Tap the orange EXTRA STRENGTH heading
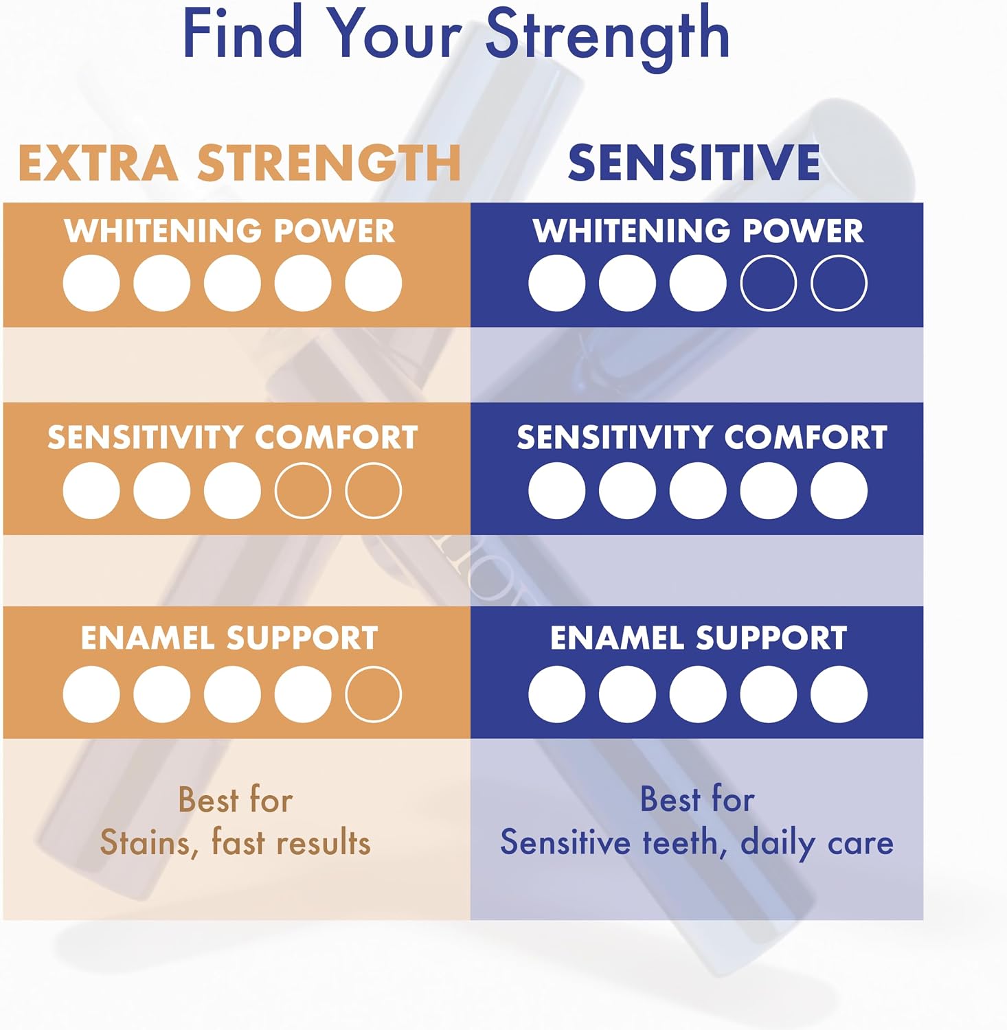tap(239, 163)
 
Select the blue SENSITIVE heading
tap(694, 163)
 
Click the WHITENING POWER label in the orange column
tap(229, 231)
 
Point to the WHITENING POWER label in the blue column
tap(698, 231)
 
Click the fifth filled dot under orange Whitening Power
tap(373, 283)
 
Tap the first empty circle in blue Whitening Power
tap(769, 283)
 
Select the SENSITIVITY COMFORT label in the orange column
tap(233, 437)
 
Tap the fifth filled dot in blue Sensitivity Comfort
tap(839, 490)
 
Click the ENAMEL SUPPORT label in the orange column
tap(229, 638)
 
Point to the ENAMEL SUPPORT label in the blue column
tap(699, 638)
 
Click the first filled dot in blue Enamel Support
tap(557, 694)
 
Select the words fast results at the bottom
tap(291, 841)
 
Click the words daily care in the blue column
tap(817, 843)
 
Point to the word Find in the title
tap(243, 32)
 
